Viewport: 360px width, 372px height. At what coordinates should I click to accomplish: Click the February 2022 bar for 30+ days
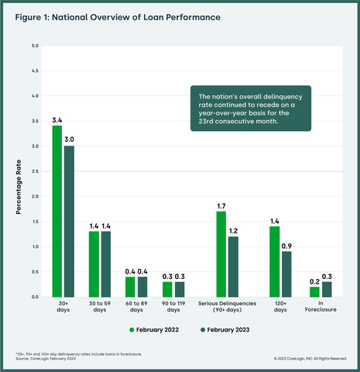pos(57,211)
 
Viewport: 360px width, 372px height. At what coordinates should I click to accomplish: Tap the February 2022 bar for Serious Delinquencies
pos(221,253)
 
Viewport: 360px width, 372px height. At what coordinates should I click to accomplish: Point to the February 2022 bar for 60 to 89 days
pos(131,287)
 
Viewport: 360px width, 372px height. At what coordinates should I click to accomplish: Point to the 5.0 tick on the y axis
pos(34,46)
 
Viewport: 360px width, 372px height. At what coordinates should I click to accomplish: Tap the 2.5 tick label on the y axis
pos(34,171)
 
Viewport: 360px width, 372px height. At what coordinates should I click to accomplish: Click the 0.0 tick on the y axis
pos(34,297)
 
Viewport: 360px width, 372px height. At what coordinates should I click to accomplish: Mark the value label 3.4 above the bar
pos(57,120)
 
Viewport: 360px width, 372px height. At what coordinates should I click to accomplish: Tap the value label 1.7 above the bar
pos(221,205)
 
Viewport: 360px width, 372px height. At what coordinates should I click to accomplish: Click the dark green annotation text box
pos(249,108)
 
